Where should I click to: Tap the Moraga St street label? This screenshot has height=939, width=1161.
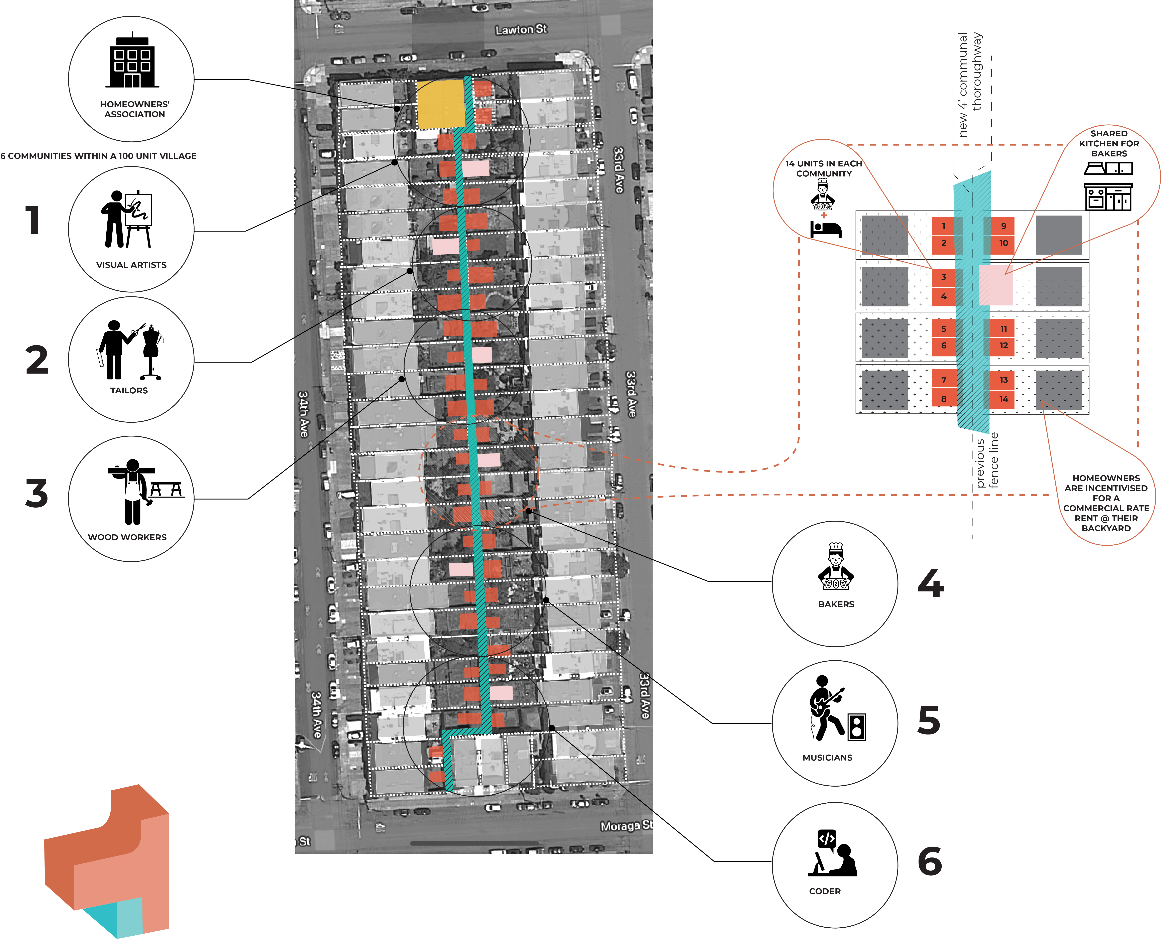626,826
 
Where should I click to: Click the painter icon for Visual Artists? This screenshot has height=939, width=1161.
127,219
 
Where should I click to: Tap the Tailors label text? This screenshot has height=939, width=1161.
129,391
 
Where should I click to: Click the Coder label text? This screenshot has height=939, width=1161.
825,891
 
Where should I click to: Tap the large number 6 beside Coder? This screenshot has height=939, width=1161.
929,861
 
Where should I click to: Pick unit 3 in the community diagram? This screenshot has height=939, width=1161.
944,277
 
